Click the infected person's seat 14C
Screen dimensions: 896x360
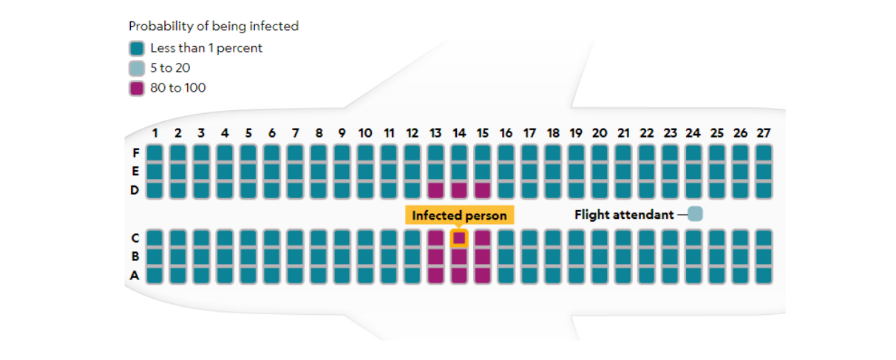[459, 238]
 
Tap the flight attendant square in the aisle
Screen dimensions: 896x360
[695, 214]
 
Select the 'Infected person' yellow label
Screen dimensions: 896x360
[459, 215]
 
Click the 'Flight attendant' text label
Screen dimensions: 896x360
[624, 214]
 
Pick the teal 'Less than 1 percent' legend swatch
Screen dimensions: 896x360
[137, 48]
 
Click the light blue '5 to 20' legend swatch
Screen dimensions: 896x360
[137, 68]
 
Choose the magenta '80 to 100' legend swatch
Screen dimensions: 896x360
[137, 88]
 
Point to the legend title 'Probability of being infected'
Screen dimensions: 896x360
[214, 26]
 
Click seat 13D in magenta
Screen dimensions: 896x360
[435, 190]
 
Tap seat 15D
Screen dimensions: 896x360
[483, 190]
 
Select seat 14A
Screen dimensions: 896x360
[459, 275]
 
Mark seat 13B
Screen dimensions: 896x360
[435, 257]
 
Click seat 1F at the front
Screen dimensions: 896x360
[155, 153]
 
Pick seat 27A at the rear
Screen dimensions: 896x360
[764, 275]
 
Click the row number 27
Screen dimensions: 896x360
[764, 133]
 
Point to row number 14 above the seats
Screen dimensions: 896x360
[459, 133]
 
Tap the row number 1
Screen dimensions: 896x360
[155, 133]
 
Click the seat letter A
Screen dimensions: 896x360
[135, 275]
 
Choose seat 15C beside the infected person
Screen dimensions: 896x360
[483, 238]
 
